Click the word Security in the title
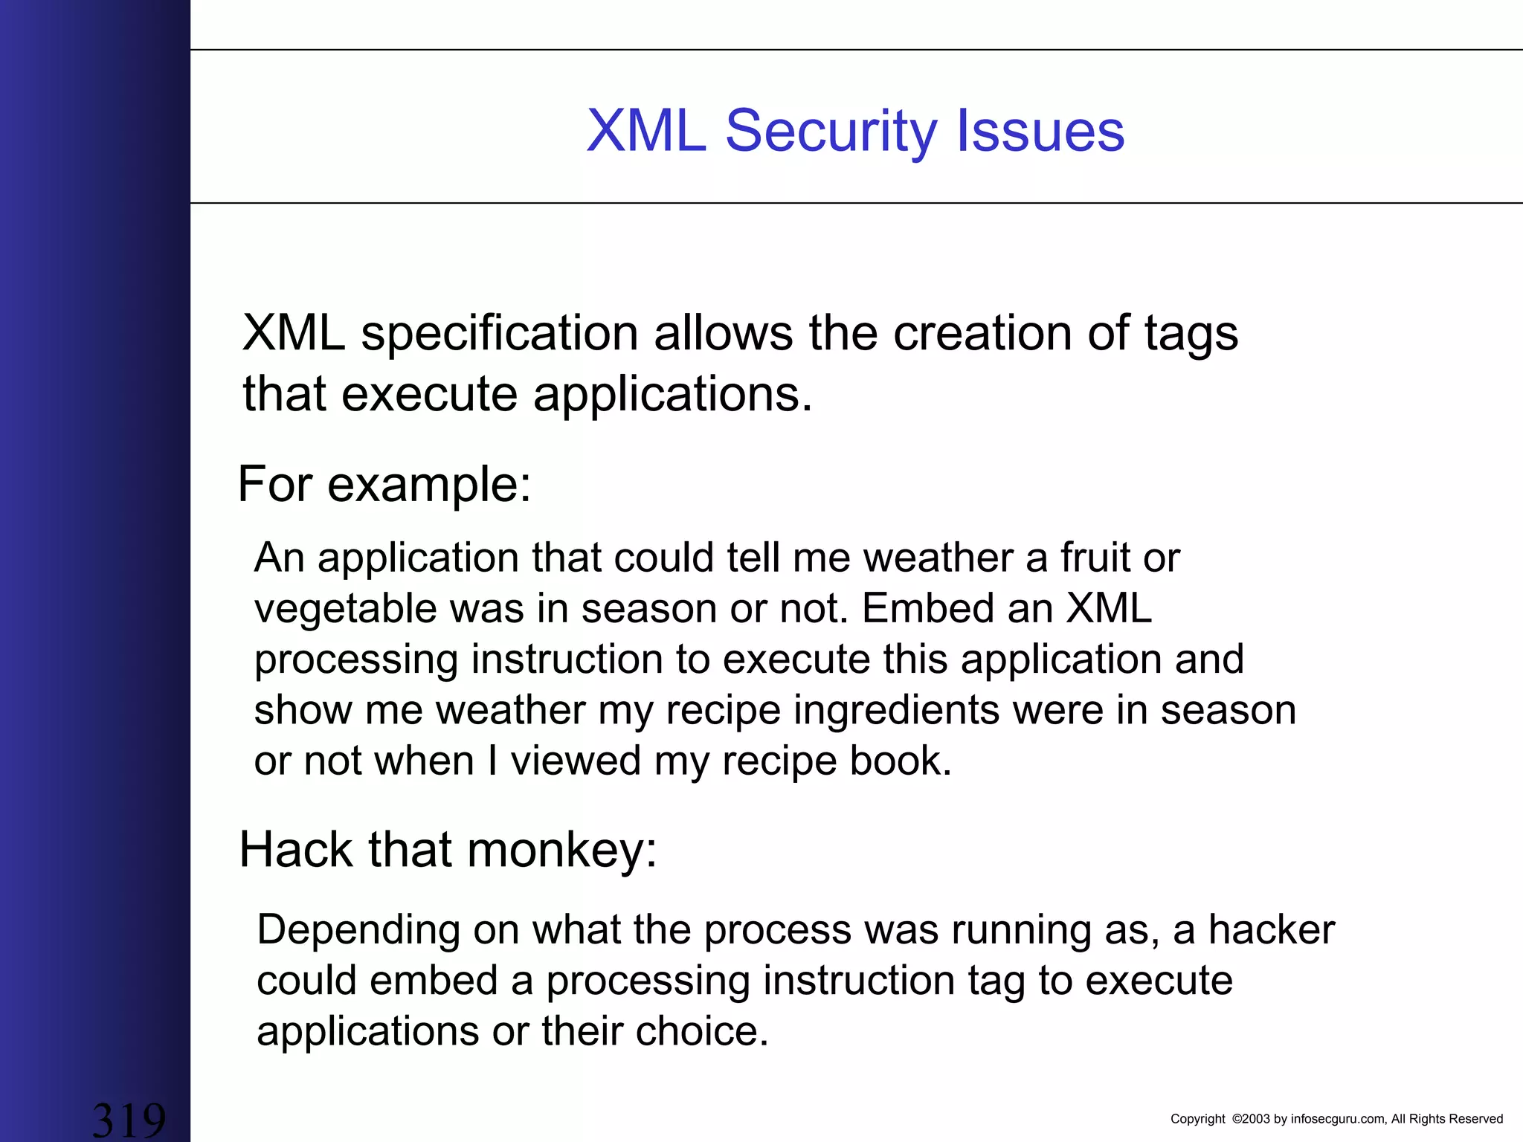[x=831, y=132]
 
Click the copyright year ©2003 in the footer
[x=1251, y=1119]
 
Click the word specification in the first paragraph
[x=499, y=335]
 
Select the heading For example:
[x=384, y=485]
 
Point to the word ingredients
[x=896, y=711]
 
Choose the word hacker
[x=1271, y=930]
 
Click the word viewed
[x=576, y=761]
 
